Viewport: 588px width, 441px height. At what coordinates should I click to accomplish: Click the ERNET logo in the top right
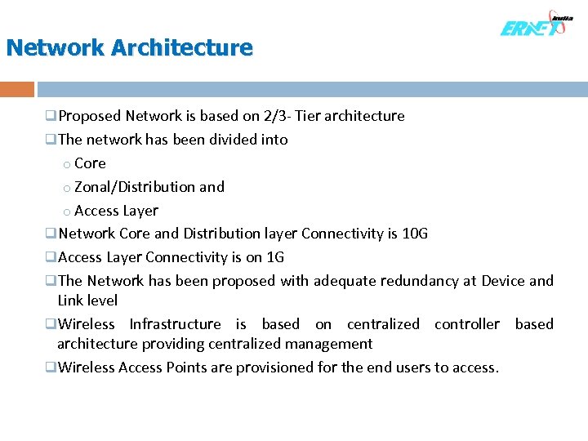click(535, 25)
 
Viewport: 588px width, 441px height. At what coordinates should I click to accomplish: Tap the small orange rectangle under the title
click(17, 89)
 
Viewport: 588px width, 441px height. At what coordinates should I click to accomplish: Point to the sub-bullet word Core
click(90, 163)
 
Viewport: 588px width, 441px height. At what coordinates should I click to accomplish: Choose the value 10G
click(415, 234)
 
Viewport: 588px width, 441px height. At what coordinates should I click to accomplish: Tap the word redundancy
click(419, 281)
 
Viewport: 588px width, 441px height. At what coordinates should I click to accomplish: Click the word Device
click(503, 281)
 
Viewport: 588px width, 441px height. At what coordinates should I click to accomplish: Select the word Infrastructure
click(175, 324)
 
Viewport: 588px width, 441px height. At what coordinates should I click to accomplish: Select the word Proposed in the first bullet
click(90, 116)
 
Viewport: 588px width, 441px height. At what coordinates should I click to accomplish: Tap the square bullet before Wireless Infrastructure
click(51, 324)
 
